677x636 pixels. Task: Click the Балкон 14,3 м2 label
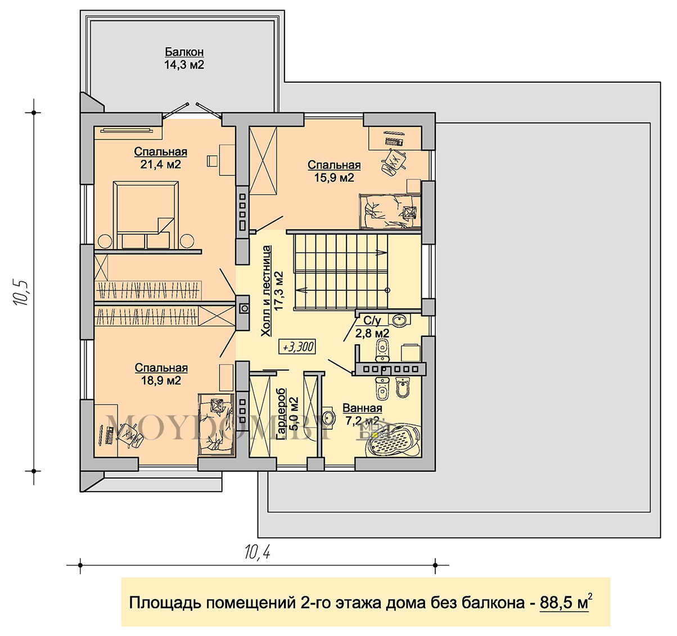184,58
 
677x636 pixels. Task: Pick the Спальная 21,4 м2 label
161,158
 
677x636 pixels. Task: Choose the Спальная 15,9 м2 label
334,171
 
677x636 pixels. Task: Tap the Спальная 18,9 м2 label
161,374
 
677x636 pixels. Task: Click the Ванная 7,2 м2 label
362,414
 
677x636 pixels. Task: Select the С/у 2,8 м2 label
372,327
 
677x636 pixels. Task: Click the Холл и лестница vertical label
266,291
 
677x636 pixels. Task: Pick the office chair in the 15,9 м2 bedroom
394,161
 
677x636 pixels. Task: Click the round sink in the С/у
399,320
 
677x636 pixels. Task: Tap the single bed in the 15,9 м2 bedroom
390,211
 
